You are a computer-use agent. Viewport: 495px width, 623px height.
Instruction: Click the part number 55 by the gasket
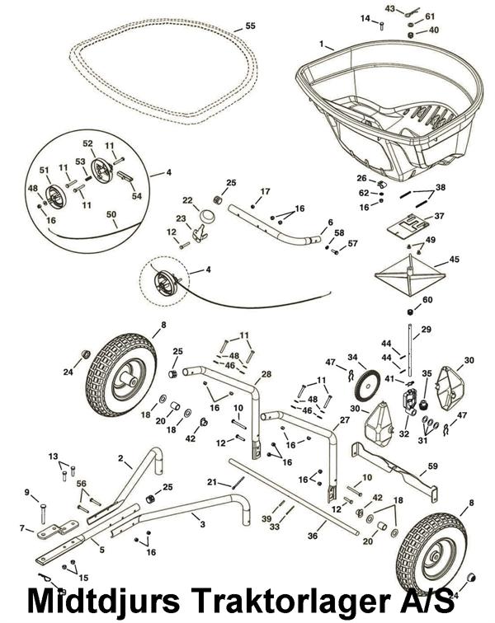tap(250, 26)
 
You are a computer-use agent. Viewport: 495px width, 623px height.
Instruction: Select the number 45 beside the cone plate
tap(454, 260)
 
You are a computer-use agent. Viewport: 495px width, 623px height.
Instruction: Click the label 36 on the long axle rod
tap(313, 537)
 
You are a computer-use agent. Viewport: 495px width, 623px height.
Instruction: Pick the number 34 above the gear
tap(352, 358)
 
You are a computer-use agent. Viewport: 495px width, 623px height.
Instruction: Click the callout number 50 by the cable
tap(111, 214)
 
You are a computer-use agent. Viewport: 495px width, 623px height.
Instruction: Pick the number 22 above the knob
tap(187, 200)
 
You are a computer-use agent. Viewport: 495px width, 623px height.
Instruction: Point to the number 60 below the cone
tap(427, 300)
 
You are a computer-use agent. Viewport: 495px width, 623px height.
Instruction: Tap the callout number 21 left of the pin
tap(212, 482)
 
